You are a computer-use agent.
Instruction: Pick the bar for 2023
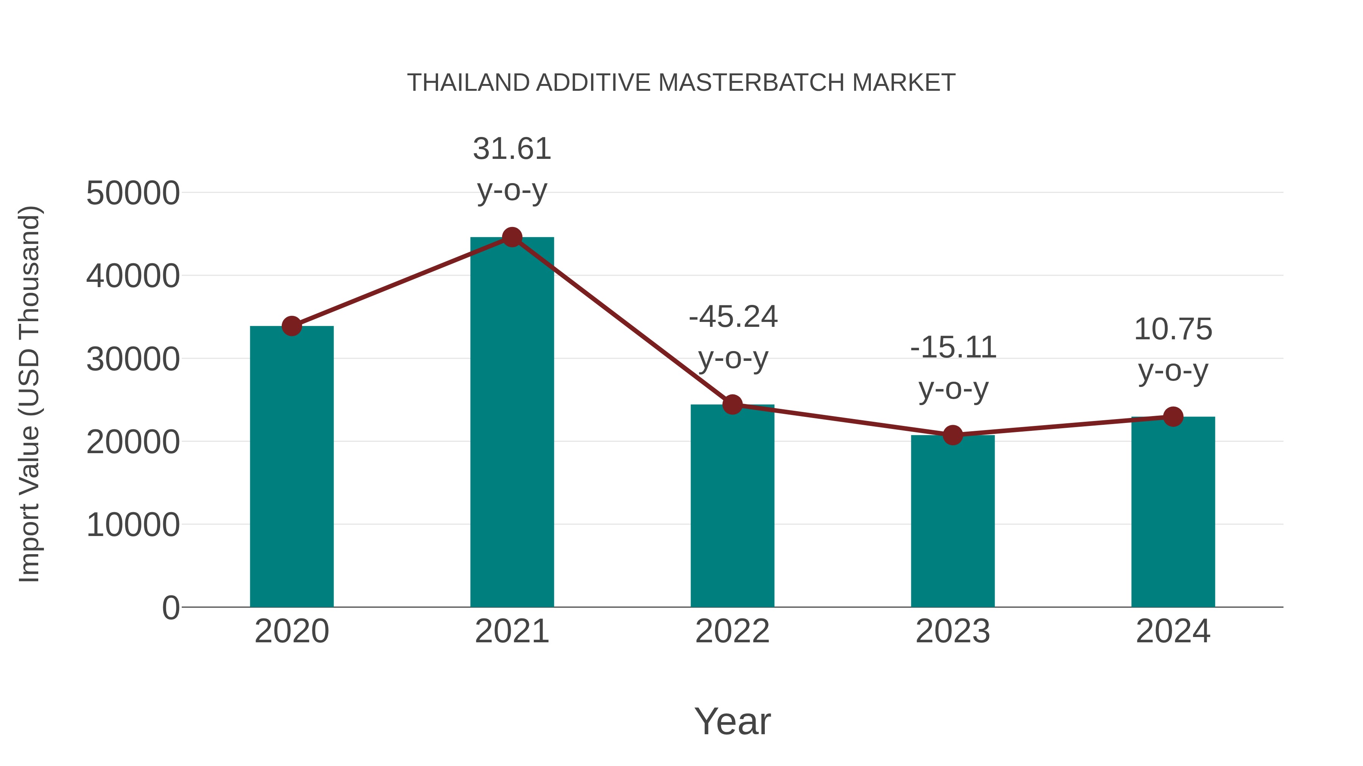pyautogui.click(x=953, y=524)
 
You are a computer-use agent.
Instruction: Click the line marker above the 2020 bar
pyautogui.click(x=292, y=326)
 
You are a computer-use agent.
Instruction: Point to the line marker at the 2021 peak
pyautogui.click(x=512, y=237)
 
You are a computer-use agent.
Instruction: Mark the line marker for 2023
pyautogui.click(x=953, y=435)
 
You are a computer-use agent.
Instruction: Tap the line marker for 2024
pyautogui.click(x=1173, y=416)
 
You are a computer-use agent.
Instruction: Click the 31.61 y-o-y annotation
pyautogui.click(x=512, y=169)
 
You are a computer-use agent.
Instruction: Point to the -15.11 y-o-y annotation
pyautogui.click(x=953, y=368)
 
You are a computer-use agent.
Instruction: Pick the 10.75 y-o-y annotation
pyautogui.click(x=1173, y=350)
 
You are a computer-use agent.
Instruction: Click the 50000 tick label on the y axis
pyautogui.click(x=133, y=193)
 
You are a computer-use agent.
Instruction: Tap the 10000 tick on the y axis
pyautogui.click(x=133, y=525)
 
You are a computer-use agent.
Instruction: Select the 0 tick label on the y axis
pyautogui.click(x=170, y=608)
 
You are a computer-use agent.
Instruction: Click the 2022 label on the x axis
pyautogui.click(x=732, y=632)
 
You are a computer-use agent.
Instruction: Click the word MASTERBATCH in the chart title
pyautogui.click(x=751, y=83)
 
